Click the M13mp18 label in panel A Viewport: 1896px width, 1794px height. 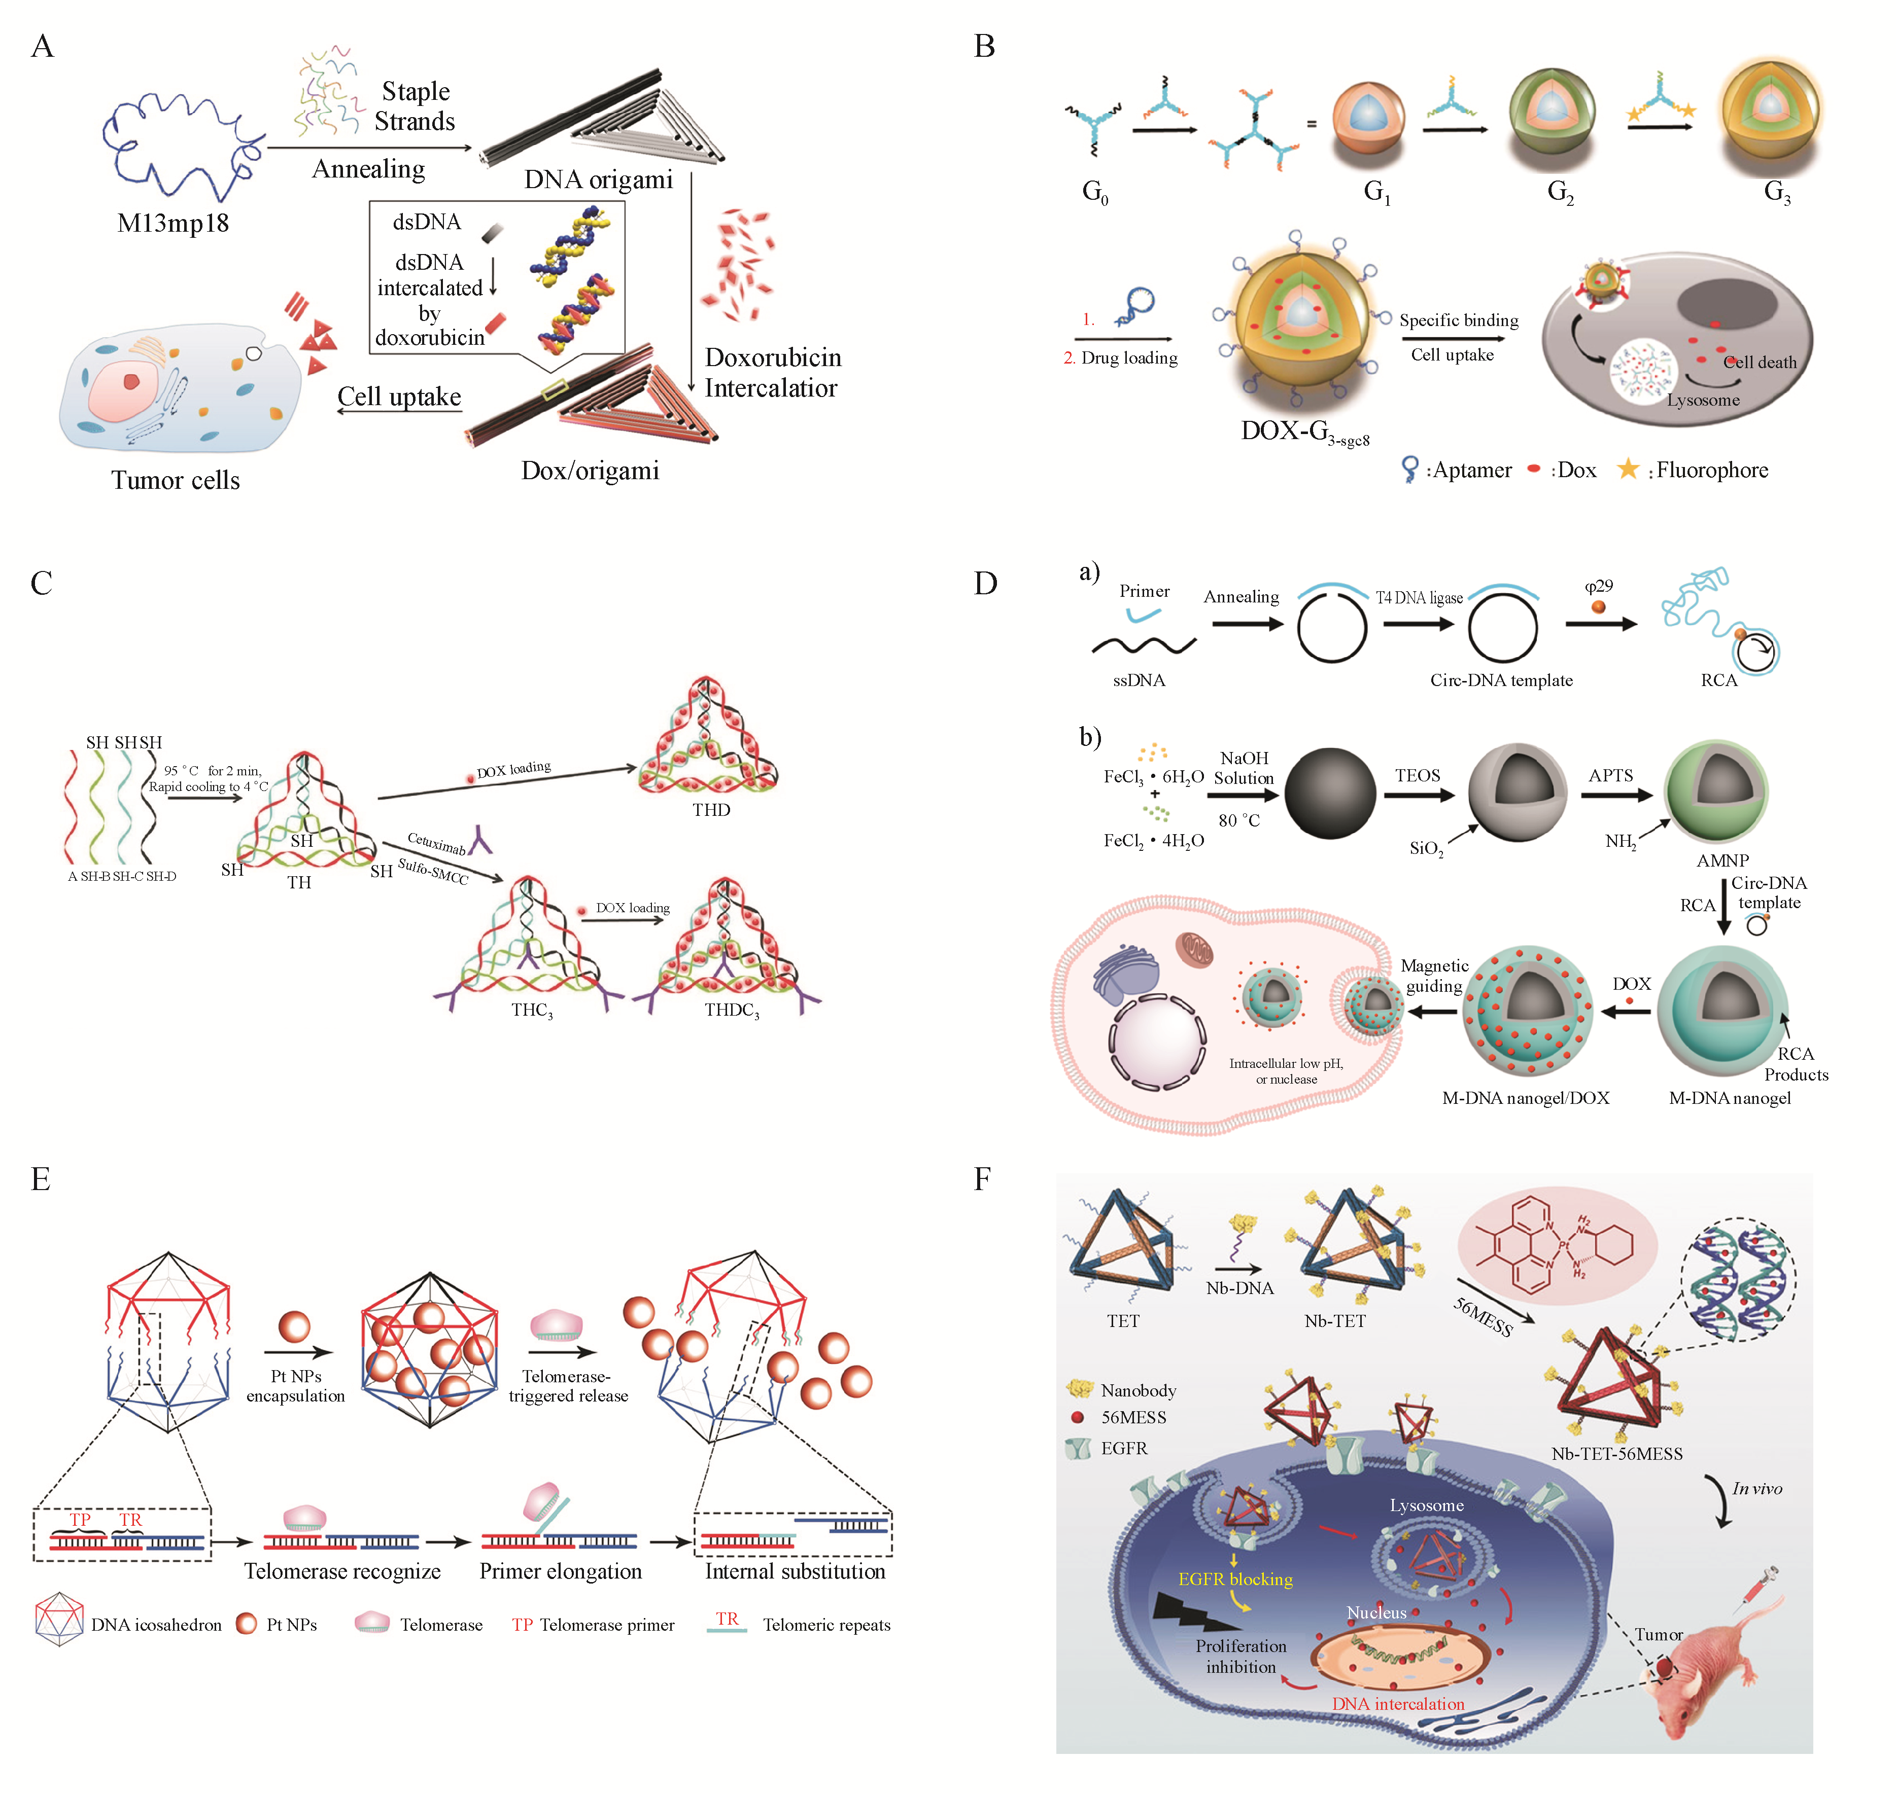pyautogui.click(x=173, y=224)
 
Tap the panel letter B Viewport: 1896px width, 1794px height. pyautogui.click(x=984, y=46)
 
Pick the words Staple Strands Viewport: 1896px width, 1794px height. pyautogui.click(x=414, y=106)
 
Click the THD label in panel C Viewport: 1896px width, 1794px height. pyautogui.click(x=711, y=810)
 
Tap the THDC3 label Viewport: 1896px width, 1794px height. pyautogui.click(x=732, y=1011)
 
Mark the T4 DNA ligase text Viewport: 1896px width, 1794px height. pyautogui.click(x=1419, y=598)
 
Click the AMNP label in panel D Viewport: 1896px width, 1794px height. pyautogui.click(x=1722, y=860)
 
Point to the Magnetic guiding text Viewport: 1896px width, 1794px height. pyautogui.click(x=1434, y=976)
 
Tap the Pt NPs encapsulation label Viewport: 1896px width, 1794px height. pyautogui.click(x=296, y=1386)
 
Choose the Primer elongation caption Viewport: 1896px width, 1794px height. pyautogui.click(x=561, y=1571)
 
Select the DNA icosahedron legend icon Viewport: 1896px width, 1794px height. pyautogui.click(x=59, y=1619)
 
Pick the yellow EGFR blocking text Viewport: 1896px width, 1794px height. pyautogui.click(x=1235, y=1580)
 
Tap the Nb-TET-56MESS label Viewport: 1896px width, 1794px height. pyautogui.click(x=1616, y=1454)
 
